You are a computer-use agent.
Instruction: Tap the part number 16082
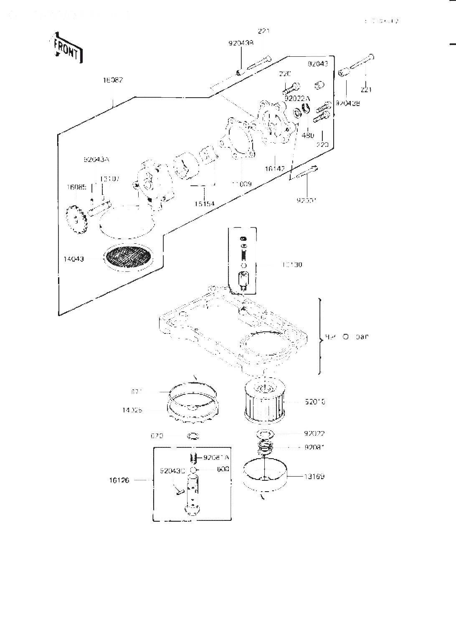pos(113,80)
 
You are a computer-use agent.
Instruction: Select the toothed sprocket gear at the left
pos(76,220)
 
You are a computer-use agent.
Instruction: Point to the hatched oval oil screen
pos(127,255)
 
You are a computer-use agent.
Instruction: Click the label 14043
pos(73,259)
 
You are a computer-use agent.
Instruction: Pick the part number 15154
pos(204,204)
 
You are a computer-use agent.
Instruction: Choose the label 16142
pos(275,169)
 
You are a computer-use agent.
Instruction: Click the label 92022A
pos(298,98)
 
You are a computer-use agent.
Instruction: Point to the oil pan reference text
pos(347,336)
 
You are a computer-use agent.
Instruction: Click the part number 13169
pos(314,476)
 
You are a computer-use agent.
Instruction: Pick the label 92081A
pos(216,457)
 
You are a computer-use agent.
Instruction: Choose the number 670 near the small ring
pos(157,436)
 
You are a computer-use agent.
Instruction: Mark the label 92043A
pos(96,159)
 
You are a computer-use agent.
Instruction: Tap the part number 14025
pos(132,410)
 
